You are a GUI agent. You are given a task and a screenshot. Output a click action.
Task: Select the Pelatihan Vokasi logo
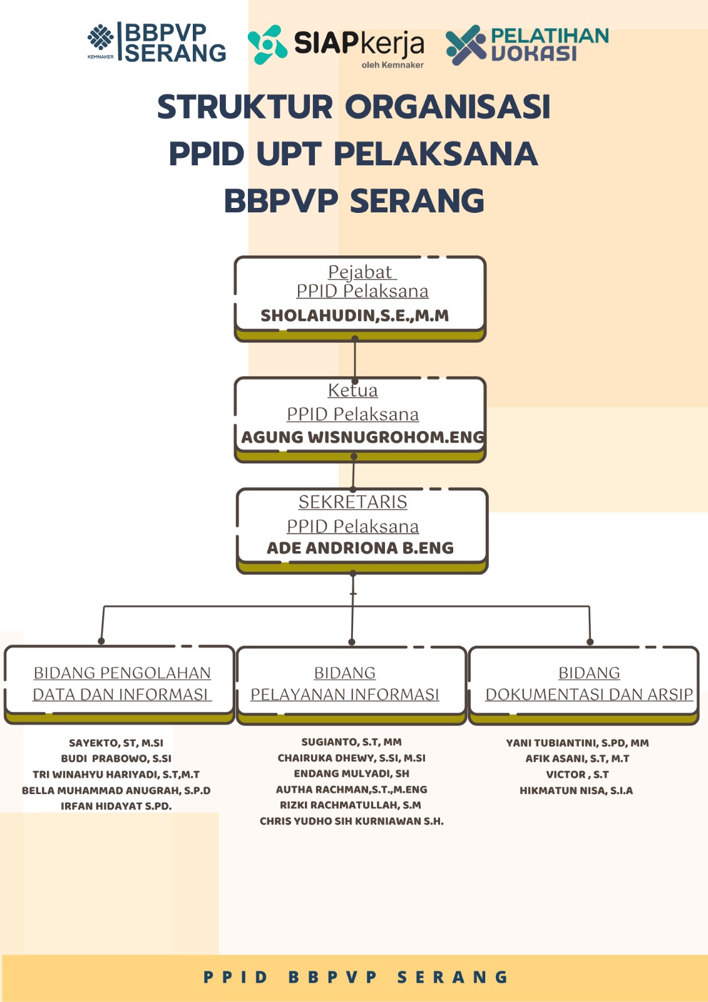tap(527, 44)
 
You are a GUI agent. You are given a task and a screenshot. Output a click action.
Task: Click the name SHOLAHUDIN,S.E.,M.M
tap(354, 315)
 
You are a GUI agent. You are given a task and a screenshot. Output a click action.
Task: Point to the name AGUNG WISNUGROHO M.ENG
tap(362, 436)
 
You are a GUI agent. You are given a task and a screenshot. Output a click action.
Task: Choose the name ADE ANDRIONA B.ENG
tap(360, 547)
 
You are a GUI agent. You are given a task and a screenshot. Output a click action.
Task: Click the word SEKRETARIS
tap(352, 502)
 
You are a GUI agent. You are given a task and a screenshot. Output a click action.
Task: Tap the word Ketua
tap(352, 390)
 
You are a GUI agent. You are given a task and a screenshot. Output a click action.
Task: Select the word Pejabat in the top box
tap(361, 272)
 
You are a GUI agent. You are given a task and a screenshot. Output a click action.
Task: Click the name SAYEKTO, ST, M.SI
tap(116, 743)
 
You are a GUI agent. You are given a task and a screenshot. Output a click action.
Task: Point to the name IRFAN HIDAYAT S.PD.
tap(116, 806)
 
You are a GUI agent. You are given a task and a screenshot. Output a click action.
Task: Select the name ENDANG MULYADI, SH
tap(351, 773)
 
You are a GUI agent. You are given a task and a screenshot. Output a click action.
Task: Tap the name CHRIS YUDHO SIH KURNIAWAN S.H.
tap(351, 821)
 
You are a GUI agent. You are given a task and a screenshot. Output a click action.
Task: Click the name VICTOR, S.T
tap(577, 774)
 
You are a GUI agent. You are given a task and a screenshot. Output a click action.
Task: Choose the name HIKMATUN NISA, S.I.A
tap(576, 790)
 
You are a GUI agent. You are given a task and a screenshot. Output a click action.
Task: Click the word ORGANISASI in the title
tap(448, 106)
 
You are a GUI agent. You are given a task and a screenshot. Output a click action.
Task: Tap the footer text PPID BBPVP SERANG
tap(355, 977)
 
